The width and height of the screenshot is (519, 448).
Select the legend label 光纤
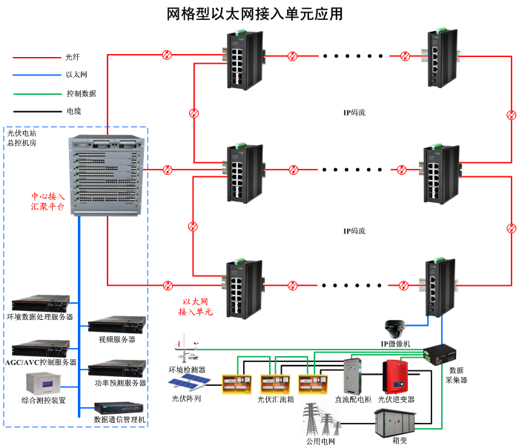(x=72, y=56)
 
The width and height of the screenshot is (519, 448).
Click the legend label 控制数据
(x=81, y=93)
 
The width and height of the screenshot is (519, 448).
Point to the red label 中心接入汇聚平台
(x=47, y=202)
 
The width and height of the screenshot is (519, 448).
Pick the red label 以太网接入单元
(x=195, y=307)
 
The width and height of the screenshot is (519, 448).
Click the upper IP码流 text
(x=354, y=113)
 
